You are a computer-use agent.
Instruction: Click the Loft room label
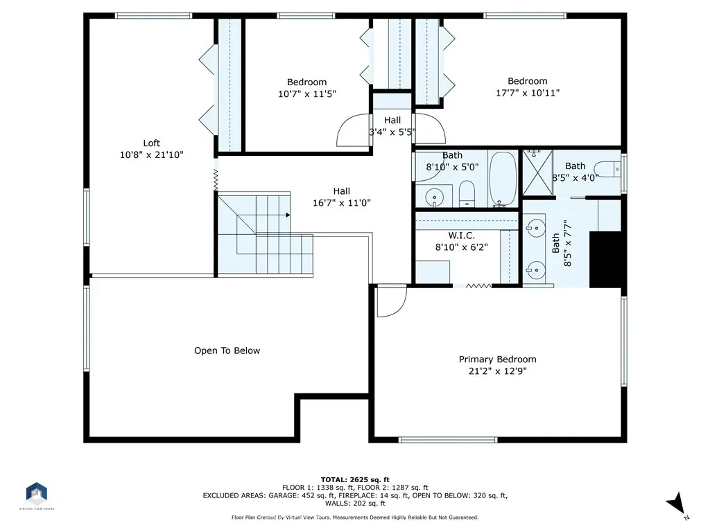[152, 143]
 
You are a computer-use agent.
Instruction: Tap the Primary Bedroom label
[498, 360]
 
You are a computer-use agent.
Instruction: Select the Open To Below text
[227, 351]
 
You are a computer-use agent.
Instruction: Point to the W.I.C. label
[461, 236]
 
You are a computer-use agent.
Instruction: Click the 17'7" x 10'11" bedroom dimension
[528, 93]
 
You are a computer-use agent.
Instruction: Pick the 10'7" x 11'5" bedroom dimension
[307, 94]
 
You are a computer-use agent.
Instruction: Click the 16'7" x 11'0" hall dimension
[342, 203]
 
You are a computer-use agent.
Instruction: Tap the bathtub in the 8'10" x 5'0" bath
[503, 179]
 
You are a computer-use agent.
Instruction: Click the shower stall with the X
[537, 172]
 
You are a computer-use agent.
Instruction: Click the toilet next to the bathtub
[467, 194]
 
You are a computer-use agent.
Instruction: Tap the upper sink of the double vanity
[535, 227]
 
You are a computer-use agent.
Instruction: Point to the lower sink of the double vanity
[535, 270]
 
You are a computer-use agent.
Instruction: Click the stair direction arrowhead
[288, 215]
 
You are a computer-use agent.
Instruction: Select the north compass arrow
[677, 504]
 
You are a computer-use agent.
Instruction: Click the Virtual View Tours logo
[37, 493]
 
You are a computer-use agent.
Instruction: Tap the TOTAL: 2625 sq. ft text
[355, 479]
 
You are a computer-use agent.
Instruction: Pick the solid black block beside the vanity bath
[605, 259]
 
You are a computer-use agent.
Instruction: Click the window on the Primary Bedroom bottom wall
[448, 440]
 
